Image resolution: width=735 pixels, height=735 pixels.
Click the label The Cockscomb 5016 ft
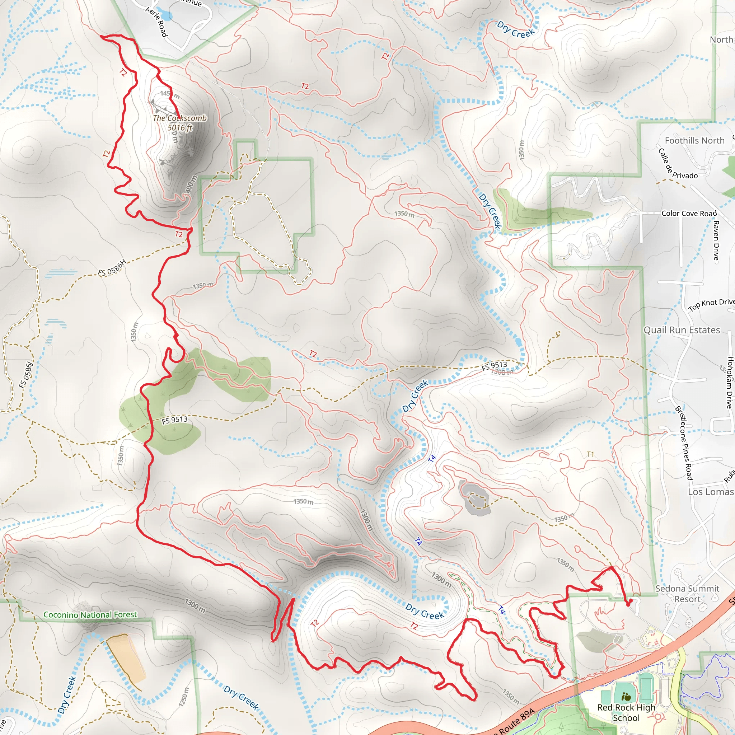[x=179, y=123]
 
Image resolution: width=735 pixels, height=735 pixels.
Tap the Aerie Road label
[x=156, y=22]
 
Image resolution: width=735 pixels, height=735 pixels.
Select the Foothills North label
[x=695, y=140]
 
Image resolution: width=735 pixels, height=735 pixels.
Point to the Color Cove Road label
[x=689, y=214]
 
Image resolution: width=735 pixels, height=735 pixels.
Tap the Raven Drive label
[x=716, y=240]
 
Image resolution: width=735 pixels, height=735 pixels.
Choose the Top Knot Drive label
[x=711, y=304]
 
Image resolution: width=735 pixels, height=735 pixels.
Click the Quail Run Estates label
[x=682, y=330]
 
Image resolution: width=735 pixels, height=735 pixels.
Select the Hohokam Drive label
[x=729, y=382]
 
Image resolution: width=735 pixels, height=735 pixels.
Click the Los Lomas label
[x=710, y=492]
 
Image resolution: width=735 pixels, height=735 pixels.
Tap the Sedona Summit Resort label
[x=687, y=594]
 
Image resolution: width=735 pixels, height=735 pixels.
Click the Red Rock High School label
[x=626, y=712]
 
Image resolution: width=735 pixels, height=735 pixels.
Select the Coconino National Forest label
[x=90, y=615]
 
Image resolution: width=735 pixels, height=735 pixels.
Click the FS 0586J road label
[x=26, y=375]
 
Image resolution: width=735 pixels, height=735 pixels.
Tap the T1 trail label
[x=590, y=454]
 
